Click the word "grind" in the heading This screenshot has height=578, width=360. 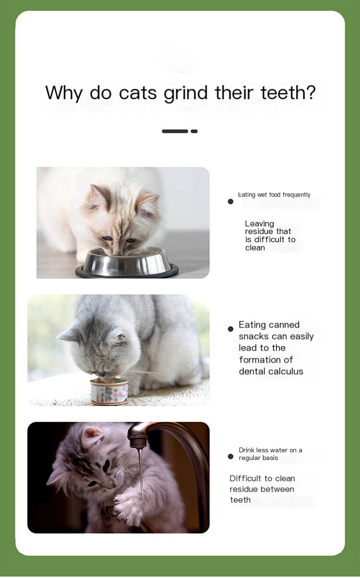[x=186, y=94]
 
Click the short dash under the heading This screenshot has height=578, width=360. [x=194, y=131]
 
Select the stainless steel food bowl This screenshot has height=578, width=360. [x=127, y=262]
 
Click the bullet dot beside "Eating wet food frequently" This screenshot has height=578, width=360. [x=230, y=201]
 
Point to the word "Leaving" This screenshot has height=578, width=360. [x=259, y=224]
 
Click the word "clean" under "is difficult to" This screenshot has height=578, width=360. [x=255, y=248]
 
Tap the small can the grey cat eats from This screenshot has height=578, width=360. [x=109, y=391]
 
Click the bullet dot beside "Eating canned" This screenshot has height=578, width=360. [x=230, y=329]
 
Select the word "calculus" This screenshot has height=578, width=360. [x=287, y=371]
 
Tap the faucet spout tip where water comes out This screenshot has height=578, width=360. [x=138, y=444]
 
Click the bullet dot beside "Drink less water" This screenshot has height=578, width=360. [x=230, y=457]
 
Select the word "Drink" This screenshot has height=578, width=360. [x=247, y=450]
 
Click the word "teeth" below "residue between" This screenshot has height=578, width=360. [x=240, y=500]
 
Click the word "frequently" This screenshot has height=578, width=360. [x=297, y=195]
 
